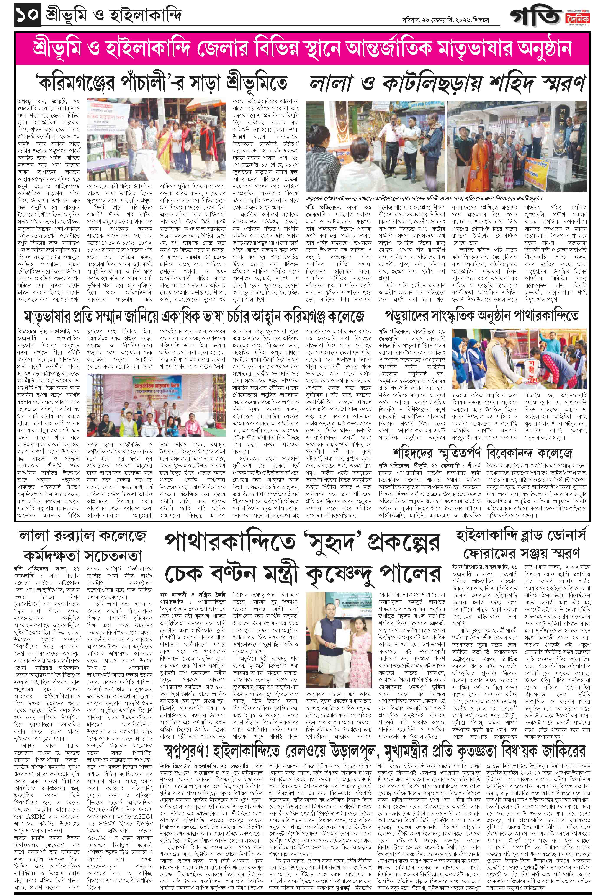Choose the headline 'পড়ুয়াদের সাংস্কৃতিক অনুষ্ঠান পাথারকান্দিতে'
click(481, 316)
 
